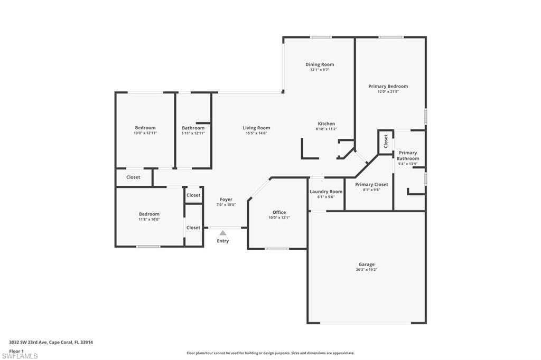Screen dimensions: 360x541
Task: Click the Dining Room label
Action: (x=320, y=64)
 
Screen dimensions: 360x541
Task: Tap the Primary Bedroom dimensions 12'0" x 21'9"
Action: (x=388, y=92)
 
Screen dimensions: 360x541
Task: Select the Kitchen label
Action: (x=326, y=124)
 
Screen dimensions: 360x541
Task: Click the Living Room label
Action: (x=256, y=128)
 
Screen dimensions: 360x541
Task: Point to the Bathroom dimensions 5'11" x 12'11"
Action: (x=193, y=133)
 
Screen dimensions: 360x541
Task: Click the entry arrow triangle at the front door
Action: (x=223, y=232)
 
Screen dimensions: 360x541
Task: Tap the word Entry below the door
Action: (x=223, y=241)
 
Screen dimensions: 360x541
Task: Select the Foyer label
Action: (x=226, y=200)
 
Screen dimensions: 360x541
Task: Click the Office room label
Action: (x=279, y=212)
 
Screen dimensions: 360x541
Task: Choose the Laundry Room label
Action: (x=326, y=192)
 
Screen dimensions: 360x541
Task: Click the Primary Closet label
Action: (x=371, y=184)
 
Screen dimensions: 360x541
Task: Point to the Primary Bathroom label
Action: (x=408, y=156)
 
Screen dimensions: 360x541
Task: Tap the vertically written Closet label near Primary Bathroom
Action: (x=386, y=141)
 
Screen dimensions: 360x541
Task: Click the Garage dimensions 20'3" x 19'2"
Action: (x=367, y=270)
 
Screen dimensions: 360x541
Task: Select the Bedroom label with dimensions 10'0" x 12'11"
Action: (x=145, y=128)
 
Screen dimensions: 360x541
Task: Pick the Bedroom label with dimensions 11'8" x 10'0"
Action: (x=149, y=214)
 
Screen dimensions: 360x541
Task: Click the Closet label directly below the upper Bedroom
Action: (x=133, y=177)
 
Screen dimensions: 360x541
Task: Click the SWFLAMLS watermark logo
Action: (x=20, y=356)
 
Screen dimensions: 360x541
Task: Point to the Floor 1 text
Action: (x=16, y=350)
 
